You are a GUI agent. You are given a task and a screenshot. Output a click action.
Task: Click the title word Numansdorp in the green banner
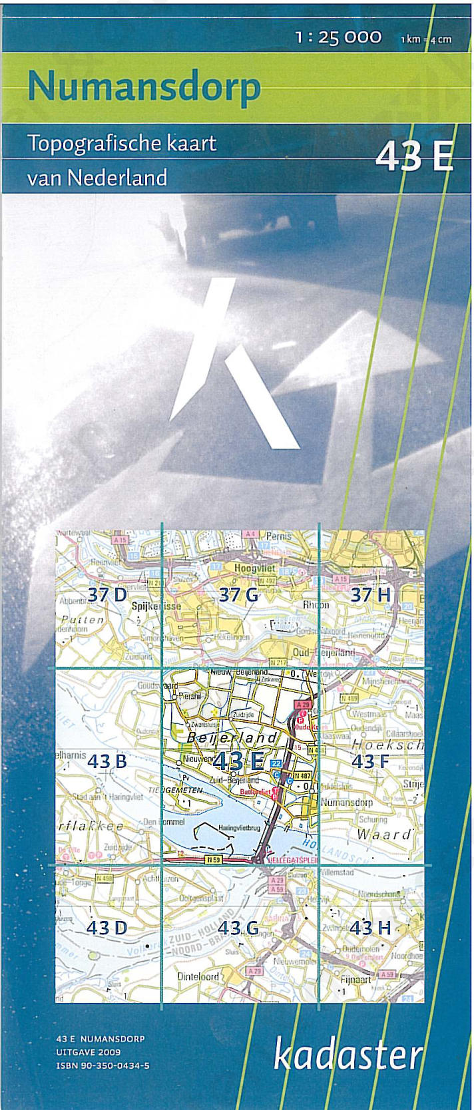144,87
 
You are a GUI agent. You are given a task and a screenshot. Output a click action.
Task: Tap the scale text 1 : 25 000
338,38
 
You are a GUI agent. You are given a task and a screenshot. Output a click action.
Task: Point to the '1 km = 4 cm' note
425,39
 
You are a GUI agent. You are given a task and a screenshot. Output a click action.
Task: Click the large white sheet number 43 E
414,157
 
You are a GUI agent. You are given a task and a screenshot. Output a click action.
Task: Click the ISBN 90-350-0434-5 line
103,1065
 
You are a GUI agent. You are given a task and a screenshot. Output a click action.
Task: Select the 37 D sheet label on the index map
107,594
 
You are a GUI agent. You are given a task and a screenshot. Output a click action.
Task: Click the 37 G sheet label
238,594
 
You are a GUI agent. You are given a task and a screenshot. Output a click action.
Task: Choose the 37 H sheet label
370,594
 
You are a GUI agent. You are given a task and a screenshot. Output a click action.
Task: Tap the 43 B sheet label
107,760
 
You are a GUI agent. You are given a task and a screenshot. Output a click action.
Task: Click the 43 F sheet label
370,760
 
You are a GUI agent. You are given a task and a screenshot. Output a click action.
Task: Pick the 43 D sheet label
107,927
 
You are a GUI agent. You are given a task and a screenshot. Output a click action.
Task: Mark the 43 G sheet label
238,927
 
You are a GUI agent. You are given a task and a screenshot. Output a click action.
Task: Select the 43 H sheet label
370,927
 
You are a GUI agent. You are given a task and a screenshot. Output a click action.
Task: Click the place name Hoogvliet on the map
255,568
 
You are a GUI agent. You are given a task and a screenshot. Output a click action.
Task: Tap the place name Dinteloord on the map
198,976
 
